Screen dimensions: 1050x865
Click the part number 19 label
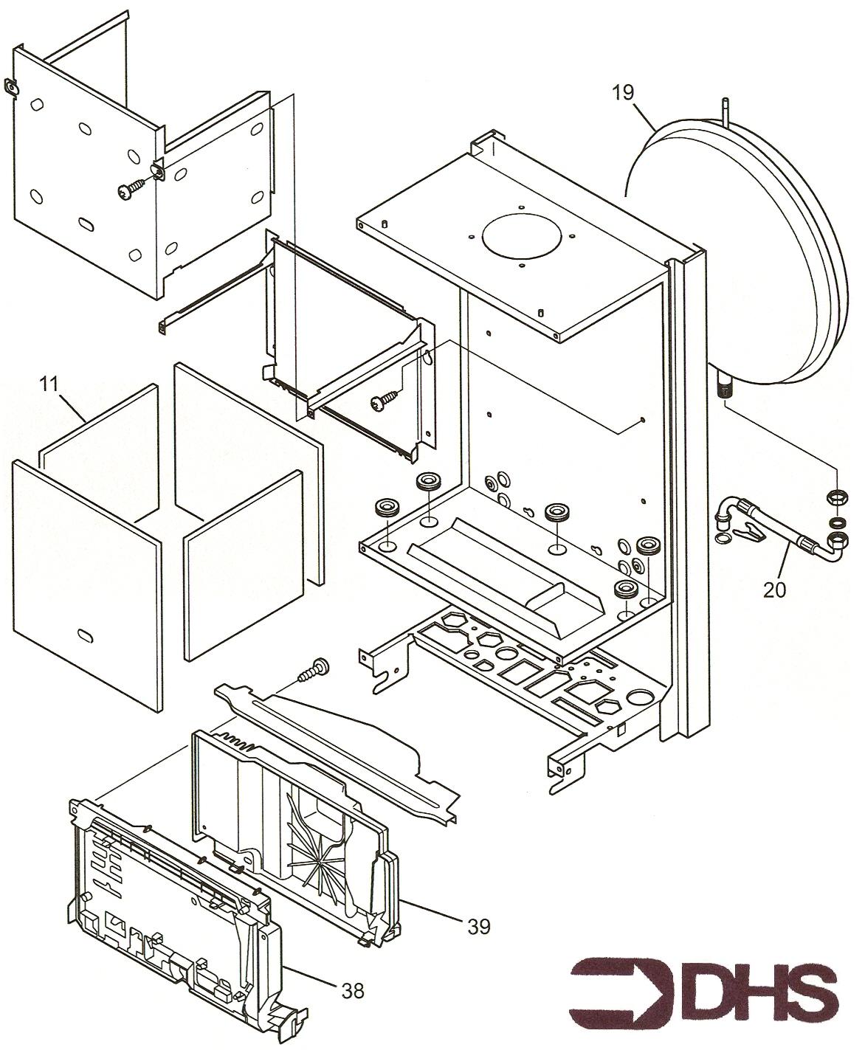pos(623,93)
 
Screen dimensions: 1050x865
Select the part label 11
pos(49,384)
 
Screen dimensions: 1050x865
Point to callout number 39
pos(479,925)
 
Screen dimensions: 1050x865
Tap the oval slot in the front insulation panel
pos(86,635)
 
